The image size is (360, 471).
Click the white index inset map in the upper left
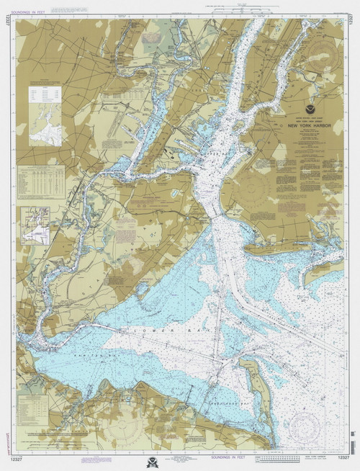pyautogui.click(x=45, y=115)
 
